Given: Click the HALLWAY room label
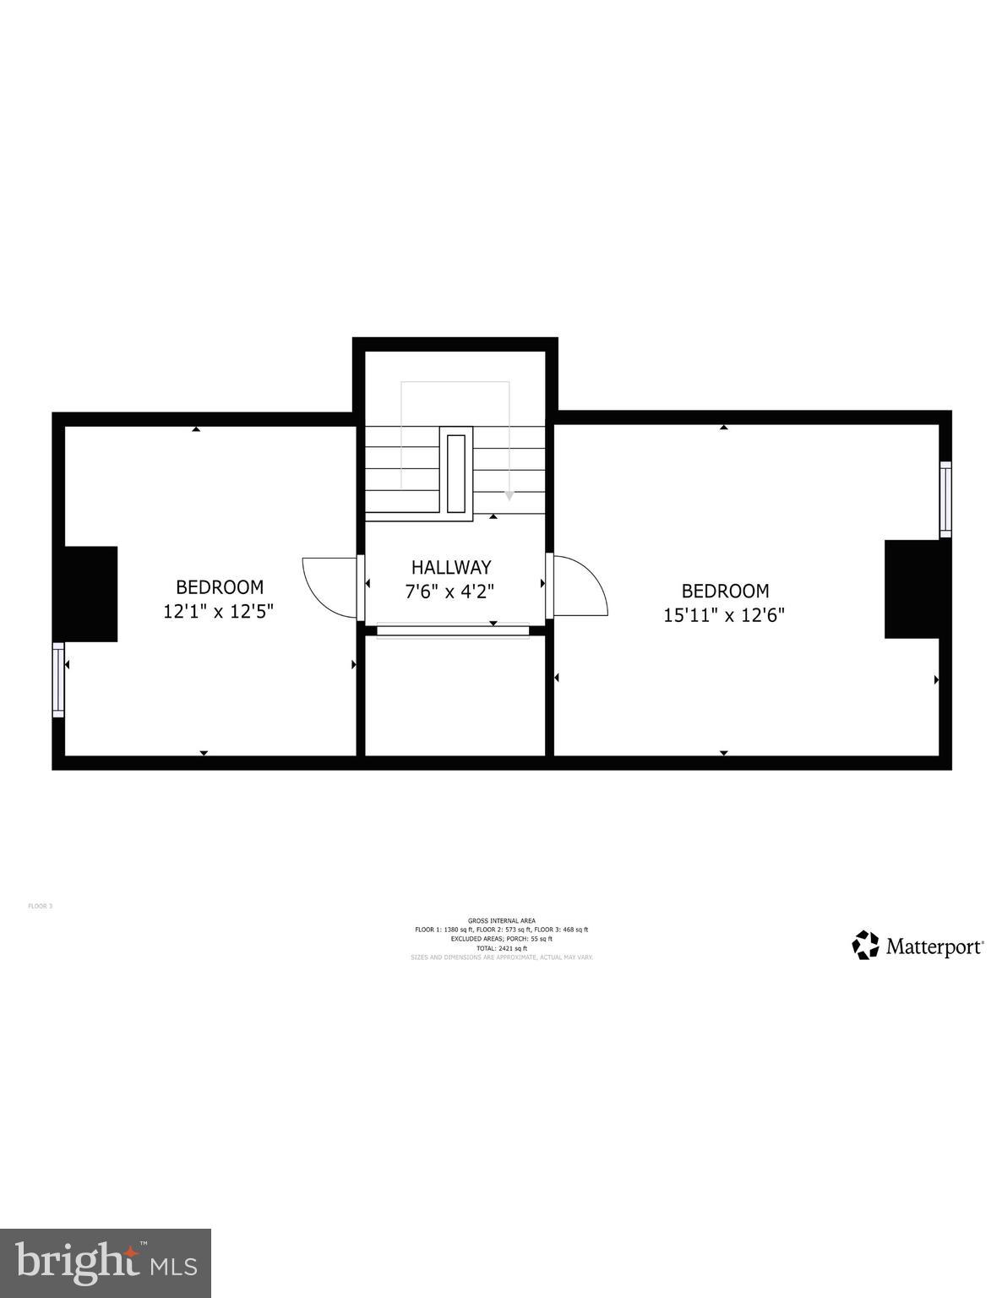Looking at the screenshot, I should tap(451, 567).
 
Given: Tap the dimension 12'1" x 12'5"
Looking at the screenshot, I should tap(219, 610).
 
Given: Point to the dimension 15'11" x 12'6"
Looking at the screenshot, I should tap(724, 614).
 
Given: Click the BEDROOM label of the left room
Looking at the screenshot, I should tap(220, 586).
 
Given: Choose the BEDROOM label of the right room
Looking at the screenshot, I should tap(725, 591).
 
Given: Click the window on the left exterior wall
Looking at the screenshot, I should tap(58, 679).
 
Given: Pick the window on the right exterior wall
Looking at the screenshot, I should tap(945, 499).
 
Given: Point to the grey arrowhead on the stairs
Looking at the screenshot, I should tap(509, 496).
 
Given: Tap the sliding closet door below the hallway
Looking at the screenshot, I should tap(452, 630).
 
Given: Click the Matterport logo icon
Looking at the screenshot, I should tap(865, 945).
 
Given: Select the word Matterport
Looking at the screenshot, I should tap(934, 946).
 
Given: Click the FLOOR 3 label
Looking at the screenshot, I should tap(41, 906).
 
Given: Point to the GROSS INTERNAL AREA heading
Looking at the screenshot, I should tap(501, 921).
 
